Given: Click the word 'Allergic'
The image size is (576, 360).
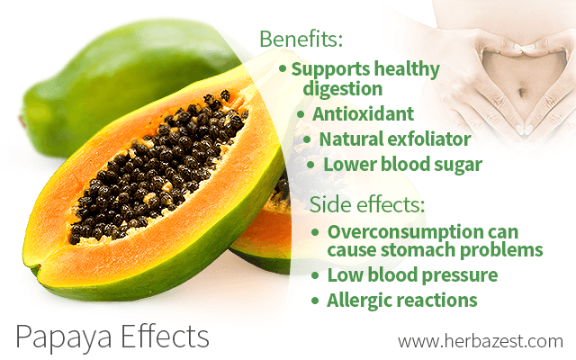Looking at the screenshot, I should (x=361, y=300).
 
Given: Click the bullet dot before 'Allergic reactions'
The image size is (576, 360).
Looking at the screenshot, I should (x=315, y=300).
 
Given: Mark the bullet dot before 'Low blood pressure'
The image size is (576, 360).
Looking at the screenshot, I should (x=315, y=274).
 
